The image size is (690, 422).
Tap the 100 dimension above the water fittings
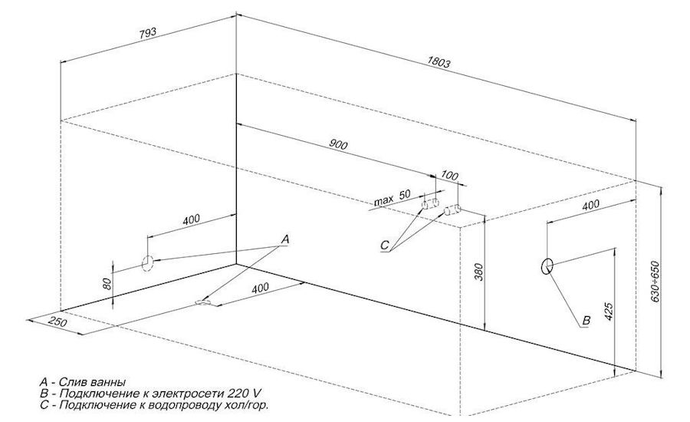[x=450, y=176]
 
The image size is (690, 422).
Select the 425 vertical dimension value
[x=608, y=311]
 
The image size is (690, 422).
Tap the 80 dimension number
[x=109, y=282]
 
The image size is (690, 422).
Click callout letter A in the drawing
[x=285, y=239]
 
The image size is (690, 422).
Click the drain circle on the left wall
[x=147, y=262]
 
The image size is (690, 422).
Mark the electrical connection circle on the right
[x=547, y=265]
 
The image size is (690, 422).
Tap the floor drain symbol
[x=205, y=302]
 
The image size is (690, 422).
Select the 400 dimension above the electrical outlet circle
[x=590, y=206]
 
